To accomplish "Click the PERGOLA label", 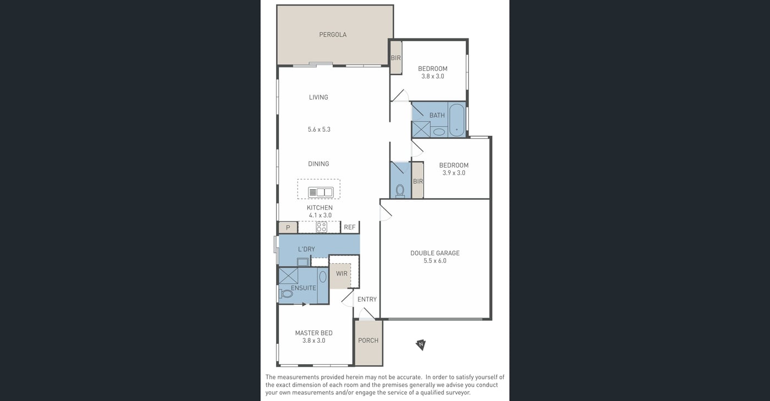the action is coord(333,35).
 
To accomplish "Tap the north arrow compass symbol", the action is coord(421,344).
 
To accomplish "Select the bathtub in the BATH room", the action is coord(457,120).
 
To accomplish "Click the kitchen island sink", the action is coord(321,192).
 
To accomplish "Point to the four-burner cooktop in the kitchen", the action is coord(321,227).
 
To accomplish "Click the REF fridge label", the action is coord(350,227).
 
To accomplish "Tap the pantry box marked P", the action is coord(288,227).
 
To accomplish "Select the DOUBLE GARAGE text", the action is coord(435,253).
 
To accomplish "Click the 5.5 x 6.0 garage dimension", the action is coord(435,260).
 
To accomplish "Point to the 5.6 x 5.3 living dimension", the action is coord(319,130).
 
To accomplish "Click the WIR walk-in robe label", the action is coord(342,274).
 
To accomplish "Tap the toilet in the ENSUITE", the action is coord(286,293).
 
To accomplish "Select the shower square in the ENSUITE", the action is coord(288,276).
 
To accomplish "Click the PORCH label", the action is coord(368,341).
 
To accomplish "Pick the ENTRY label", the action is coord(367,299).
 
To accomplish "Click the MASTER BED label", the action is coord(314,333).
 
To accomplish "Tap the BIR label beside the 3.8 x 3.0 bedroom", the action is coord(395,58).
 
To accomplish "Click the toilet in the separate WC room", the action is coord(400,191).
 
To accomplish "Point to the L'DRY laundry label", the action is coord(306,249).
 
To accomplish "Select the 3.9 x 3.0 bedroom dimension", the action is coord(454,172).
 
